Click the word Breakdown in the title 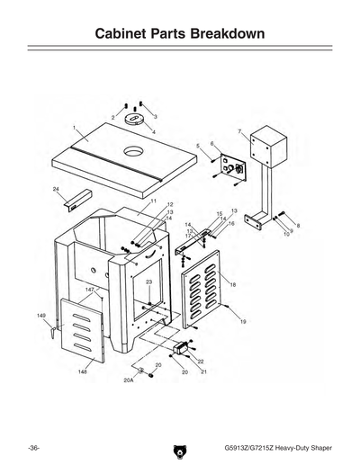tap(230, 34)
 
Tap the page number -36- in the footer tap(33, 447)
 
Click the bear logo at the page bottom tap(180, 447)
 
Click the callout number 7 tap(239, 132)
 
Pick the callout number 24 tap(56, 190)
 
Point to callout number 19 tap(243, 321)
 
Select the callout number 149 tap(40, 316)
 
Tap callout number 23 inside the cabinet tap(148, 282)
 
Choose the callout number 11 tap(154, 201)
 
